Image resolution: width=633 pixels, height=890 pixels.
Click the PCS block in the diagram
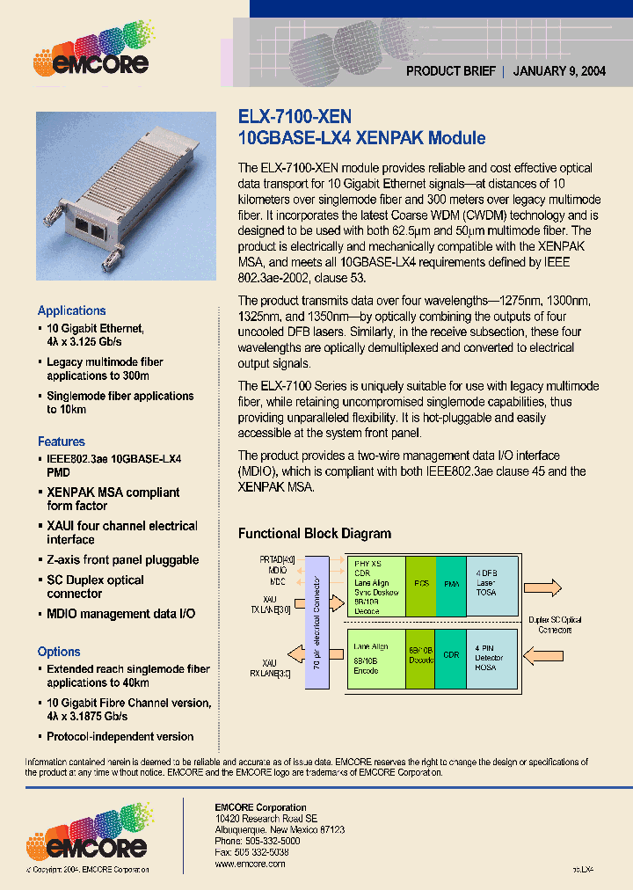click(421, 582)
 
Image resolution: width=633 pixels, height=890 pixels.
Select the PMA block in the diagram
click(449, 582)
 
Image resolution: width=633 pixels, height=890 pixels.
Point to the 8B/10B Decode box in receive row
click(420, 658)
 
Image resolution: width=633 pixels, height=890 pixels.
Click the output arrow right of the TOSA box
click(551, 588)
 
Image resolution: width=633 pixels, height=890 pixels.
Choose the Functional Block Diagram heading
click(315, 533)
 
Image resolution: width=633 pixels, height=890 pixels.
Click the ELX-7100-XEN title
click(295, 116)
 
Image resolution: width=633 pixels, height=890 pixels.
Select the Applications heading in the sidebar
click(71, 310)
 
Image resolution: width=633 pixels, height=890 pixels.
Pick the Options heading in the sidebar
click(59, 652)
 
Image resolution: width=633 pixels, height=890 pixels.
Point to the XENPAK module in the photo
click(126, 194)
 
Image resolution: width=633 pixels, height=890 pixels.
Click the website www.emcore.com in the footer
click(251, 864)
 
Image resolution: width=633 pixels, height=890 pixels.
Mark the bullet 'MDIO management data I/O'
click(120, 613)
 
